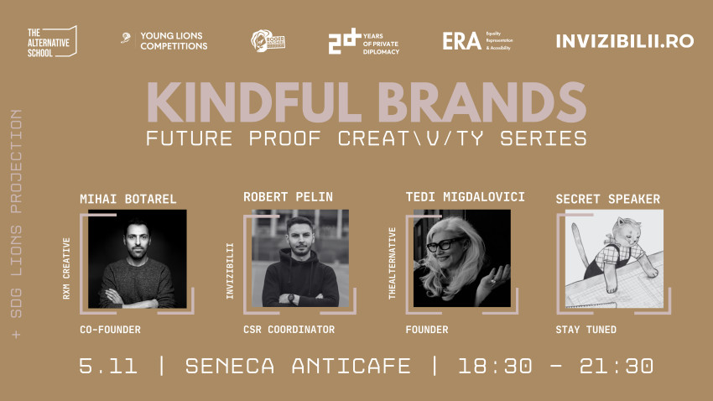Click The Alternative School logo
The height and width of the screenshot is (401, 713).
[x=52, y=40]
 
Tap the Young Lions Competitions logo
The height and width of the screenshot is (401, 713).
[x=164, y=40]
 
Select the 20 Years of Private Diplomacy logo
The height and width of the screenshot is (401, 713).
[x=363, y=41]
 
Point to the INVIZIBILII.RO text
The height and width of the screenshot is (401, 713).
[x=624, y=41]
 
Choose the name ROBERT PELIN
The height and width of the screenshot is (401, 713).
[x=288, y=197]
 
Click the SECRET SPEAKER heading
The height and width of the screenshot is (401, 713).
[x=608, y=199]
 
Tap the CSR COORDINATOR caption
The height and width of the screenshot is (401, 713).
[x=289, y=330]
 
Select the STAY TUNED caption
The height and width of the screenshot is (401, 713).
[x=585, y=330]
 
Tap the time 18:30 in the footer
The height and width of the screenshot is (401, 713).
[x=490, y=366]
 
